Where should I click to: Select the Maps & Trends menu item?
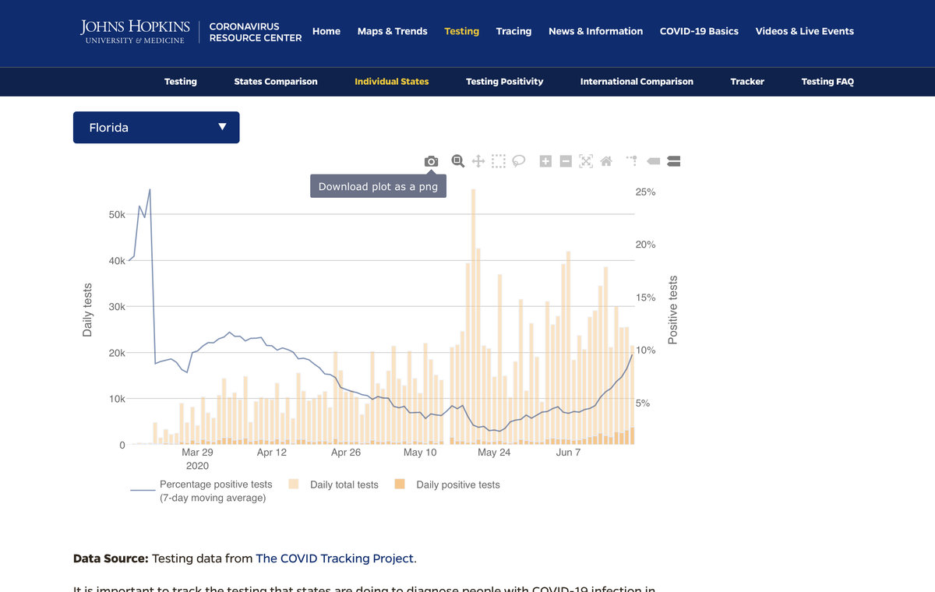[392, 31]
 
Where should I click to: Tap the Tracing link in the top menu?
[513, 31]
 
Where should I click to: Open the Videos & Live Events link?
[804, 31]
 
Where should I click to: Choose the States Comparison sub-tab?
[276, 82]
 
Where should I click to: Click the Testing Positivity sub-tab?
[504, 82]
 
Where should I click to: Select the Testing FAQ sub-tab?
[827, 82]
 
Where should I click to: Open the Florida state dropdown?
[156, 128]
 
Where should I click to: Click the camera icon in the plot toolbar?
[431, 161]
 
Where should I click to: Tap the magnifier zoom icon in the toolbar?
[458, 161]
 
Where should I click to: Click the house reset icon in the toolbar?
[606, 161]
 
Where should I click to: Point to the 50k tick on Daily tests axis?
[117, 215]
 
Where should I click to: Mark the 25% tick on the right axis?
[646, 192]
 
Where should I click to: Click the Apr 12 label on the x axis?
[271, 453]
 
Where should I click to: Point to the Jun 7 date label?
[568, 453]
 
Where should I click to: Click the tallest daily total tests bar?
[473, 312]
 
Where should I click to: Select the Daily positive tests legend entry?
[457, 485]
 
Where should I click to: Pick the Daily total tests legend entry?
[344, 485]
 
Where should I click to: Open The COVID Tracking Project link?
[336, 559]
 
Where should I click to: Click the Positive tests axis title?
[673, 310]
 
